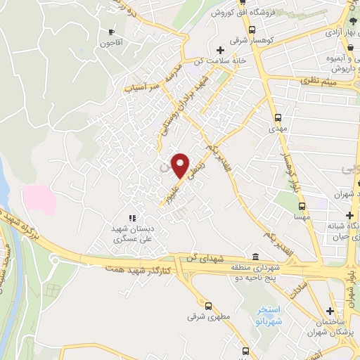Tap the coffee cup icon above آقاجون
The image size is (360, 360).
coord(111,32)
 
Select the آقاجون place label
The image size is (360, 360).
coord(110,43)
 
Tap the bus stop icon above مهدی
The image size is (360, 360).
coord(278,117)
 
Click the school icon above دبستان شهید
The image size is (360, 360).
coord(131,218)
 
